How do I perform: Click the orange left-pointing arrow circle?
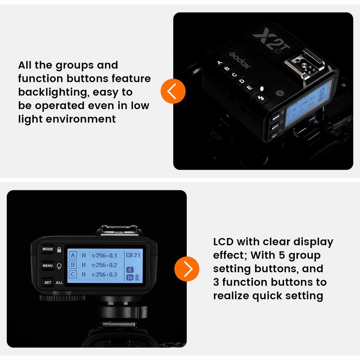173,91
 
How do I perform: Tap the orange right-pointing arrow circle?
187,269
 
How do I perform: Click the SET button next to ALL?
48,283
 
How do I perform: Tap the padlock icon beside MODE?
59,249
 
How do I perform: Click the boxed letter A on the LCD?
72,256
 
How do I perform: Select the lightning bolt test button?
261,96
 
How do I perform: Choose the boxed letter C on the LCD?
72,274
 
